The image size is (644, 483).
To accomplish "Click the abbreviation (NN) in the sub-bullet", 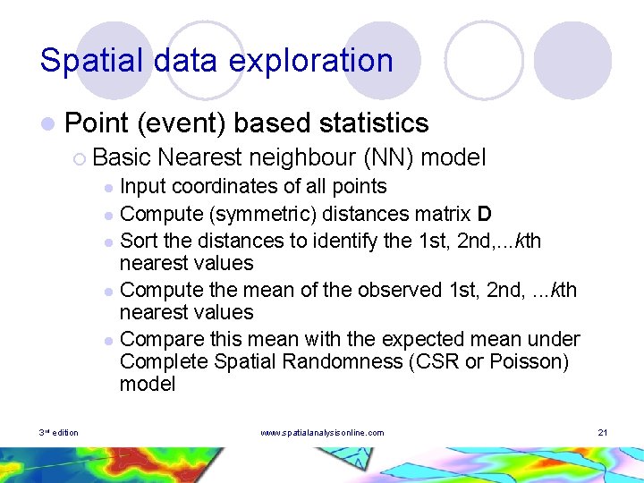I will [x=387, y=158].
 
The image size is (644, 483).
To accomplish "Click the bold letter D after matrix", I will [x=484, y=214].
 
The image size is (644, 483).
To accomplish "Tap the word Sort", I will [x=138, y=241].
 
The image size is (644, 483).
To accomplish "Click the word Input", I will [x=143, y=187].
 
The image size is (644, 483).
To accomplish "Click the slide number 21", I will [x=603, y=433].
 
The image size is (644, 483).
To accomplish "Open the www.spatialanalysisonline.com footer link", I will [x=322, y=433].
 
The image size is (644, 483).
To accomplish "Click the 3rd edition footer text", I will [x=58, y=433].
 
